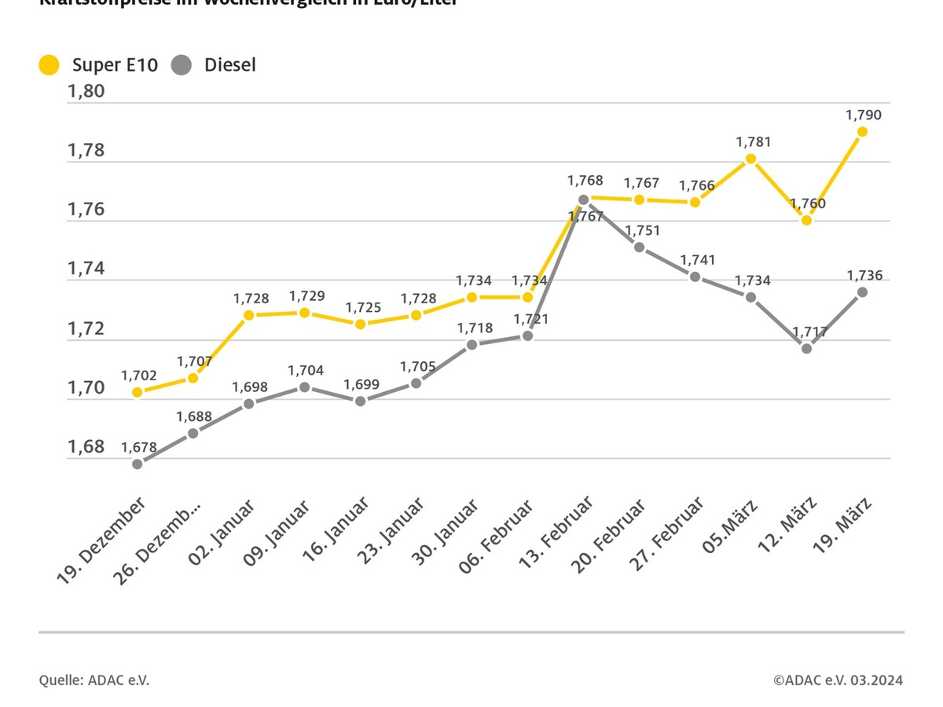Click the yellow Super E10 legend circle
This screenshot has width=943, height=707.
pyautogui.click(x=50, y=65)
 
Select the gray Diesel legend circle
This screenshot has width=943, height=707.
pyautogui.click(x=182, y=65)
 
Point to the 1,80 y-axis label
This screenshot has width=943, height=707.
pyautogui.click(x=86, y=91)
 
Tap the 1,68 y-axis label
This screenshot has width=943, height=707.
pyautogui.click(x=86, y=447)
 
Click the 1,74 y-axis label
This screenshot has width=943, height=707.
pyautogui.click(x=86, y=269)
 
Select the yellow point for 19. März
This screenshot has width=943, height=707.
pyautogui.click(x=862, y=132)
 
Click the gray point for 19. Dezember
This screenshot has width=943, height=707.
pyautogui.click(x=138, y=463)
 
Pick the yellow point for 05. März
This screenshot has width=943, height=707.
pyautogui.click(x=750, y=159)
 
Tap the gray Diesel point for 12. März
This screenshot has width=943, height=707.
pyautogui.click(x=806, y=348)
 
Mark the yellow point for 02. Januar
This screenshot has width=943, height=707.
pyautogui.click(x=249, y=315)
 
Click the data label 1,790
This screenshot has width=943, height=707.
pyautogui.click(x=864, y=115)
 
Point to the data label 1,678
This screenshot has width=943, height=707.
pyautogui.click(x=138, y=447)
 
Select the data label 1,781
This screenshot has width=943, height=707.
pyautogui.click(x=753, y=142)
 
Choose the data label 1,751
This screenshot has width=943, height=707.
pyautogui.click(x=642, y=231)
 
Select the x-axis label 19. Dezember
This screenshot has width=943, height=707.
pyautogui.click(x=101, y=540)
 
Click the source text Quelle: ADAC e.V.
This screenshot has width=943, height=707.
pyautogui.click(x=94, y=680)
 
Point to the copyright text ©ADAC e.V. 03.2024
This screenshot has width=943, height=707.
pyautogui.click(x=838, y=680)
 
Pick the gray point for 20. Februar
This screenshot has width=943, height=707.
pyautogui.click(x=639, y=247)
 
